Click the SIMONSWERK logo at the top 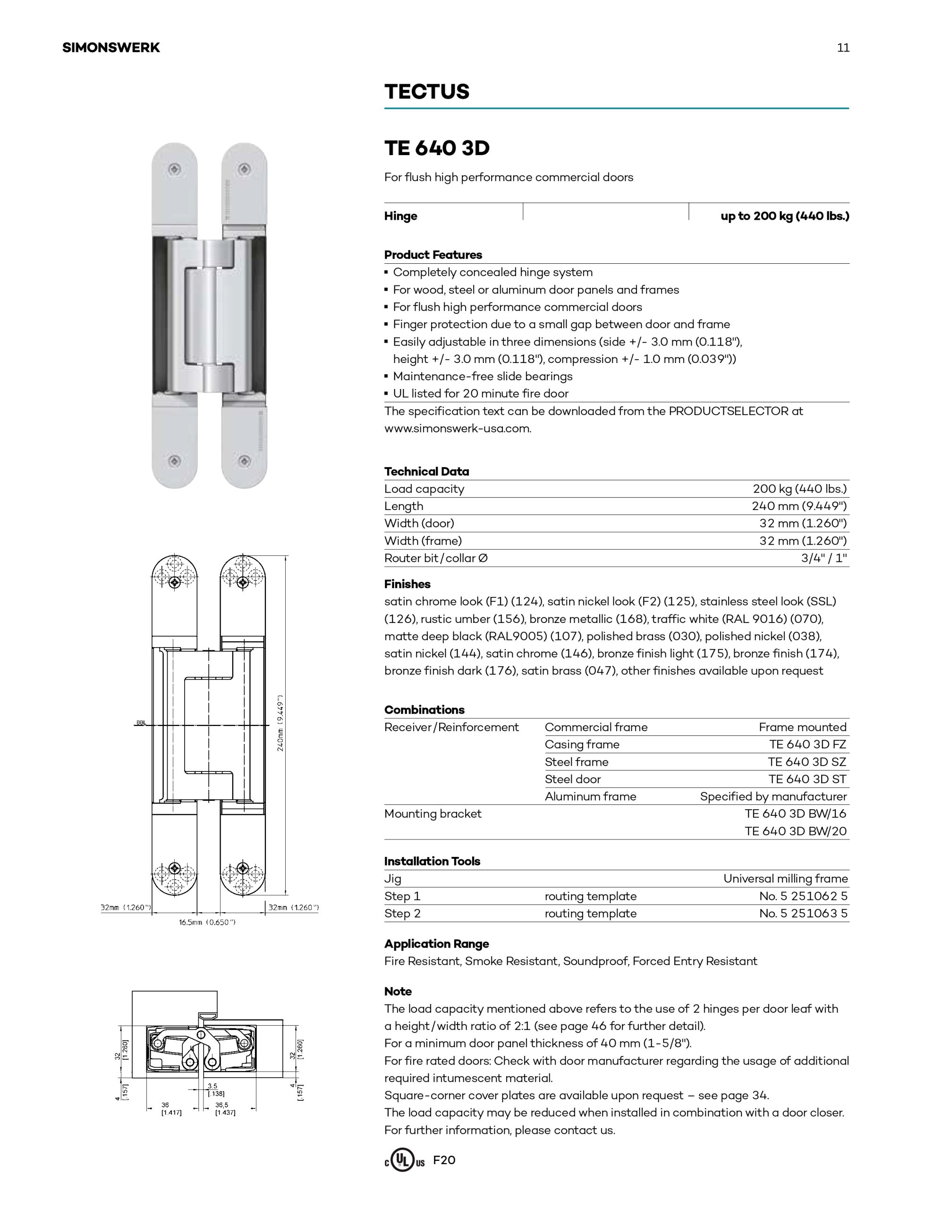click(x=110, y=48)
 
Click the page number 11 click(x=843, y=48)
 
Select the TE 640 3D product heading click(x=437, y=148)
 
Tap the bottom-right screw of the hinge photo click(x=244, y=461)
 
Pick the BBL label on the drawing click(x=141, y=722)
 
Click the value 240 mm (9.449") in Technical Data click(x=799, y=506)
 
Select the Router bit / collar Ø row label click(x=436, y=558)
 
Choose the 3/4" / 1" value click(x=824, y=558)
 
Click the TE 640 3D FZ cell click(x=807, y=744)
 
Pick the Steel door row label click(x=572, y=779)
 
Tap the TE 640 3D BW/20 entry click(x=795, y=830)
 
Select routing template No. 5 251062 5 click(x=803, y=896)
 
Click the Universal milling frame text click(x=785, y=878)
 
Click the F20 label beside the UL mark click(x=444, y=1159)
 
